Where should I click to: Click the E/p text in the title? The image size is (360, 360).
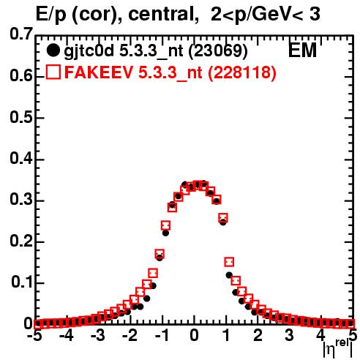pos(50,15)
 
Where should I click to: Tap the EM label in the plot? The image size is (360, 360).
pos(302,50)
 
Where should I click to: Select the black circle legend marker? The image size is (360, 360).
pos(53,50)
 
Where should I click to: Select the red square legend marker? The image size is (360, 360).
pos(53,72)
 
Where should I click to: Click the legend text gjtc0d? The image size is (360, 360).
pos(89,52)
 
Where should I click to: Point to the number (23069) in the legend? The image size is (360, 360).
pos(218,51)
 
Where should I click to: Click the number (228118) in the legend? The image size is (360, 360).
pos(242,72)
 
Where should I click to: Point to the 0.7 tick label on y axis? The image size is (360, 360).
pos(21,34)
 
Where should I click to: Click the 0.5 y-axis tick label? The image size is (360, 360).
pos(21,117)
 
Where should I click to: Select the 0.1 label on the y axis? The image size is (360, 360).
pos(22,282)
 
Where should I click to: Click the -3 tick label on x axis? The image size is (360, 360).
pos(98,336)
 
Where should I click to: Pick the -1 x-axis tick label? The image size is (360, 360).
pos(162,336)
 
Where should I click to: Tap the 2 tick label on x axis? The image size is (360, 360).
pos(258,336)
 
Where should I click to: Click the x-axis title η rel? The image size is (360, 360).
pos(338,348)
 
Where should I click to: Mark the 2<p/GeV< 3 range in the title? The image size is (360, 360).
pos(265,15)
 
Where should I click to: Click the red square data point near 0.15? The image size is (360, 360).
pos(229,262)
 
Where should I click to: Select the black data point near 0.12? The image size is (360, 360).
pos(229,275)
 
